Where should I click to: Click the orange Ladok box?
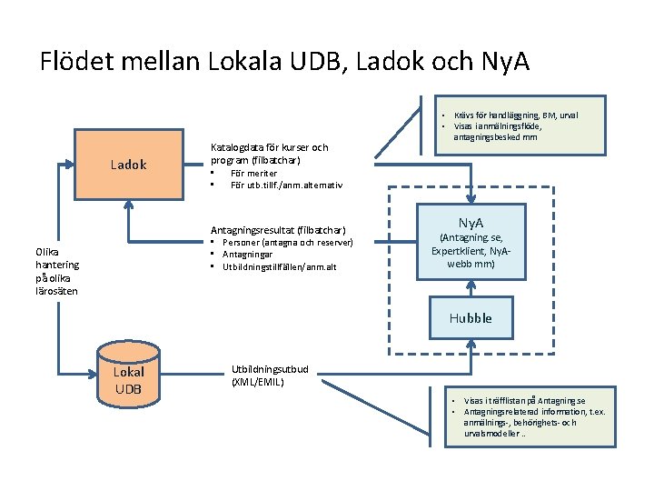tap(128, 166)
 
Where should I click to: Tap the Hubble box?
tap(470, 318)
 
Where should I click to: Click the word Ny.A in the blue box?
tap(471, 223)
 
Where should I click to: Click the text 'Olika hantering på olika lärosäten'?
tap(56, 271)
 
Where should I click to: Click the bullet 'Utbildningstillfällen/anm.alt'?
tap(279, 266)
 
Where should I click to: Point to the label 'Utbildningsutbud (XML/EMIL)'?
tap(271, 376)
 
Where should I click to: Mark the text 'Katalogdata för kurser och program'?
tap(269, 153)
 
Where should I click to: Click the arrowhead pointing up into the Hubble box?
tap(471, 344)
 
